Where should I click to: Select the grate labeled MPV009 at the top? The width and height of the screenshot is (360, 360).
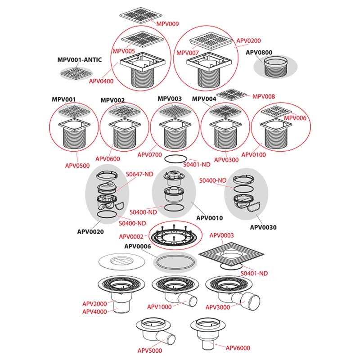pos(139,16)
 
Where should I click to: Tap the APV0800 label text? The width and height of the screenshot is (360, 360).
pos(259,53)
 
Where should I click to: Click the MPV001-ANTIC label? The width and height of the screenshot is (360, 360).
pos(80,60)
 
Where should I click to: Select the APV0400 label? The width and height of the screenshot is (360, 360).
pos(101,81)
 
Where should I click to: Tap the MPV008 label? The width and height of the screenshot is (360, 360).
pos(264,96)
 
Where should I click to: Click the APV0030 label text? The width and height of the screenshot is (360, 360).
pos(263,227)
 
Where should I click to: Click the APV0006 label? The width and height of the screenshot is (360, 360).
pos(137,246)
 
